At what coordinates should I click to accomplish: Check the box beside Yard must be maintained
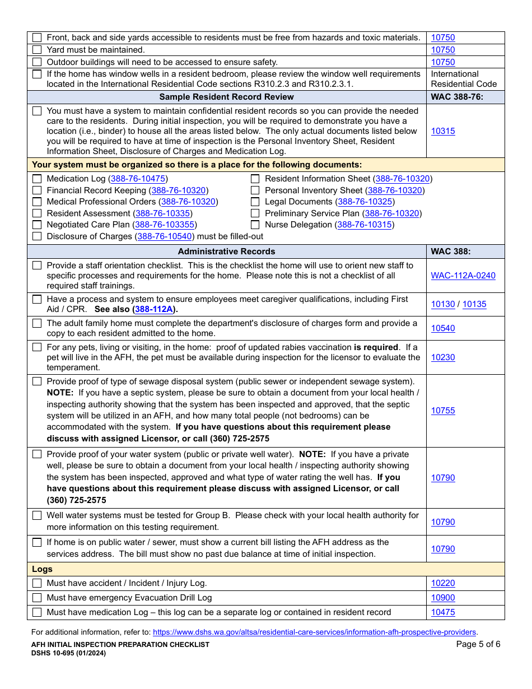37,50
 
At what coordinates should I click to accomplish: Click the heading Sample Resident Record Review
226,97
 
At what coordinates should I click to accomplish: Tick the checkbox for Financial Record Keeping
37,190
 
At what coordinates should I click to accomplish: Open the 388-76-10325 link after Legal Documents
366,202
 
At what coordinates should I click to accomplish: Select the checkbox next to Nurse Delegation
255,225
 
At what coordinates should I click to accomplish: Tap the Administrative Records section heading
226,252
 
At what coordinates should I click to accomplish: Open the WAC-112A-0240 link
463,276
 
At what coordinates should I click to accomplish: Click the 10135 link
474,304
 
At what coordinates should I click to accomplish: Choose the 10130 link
442,304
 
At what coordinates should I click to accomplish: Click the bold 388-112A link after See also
154,309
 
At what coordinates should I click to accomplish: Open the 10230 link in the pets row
442,357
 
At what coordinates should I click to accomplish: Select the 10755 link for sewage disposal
442,411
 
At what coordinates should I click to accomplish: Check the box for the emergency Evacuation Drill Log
37,598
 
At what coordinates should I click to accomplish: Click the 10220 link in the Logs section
442,583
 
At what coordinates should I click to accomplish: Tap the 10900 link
442,598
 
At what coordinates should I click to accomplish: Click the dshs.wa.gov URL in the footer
314,632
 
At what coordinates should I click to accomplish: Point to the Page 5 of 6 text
478,644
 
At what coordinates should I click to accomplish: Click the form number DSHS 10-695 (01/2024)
68,653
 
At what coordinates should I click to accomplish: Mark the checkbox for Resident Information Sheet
255,179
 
